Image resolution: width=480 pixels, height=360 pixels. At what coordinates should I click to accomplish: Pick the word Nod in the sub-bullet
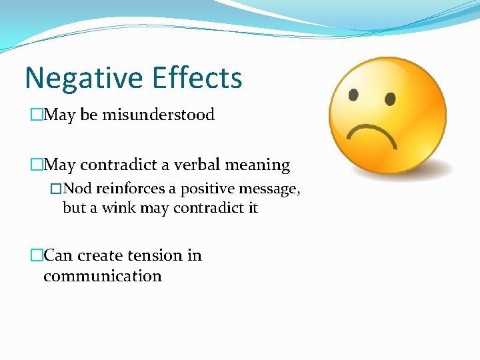[78, 189]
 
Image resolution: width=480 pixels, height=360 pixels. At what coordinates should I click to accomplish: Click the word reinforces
[131, 189]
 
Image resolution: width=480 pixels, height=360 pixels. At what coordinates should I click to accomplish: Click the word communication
[103, 276]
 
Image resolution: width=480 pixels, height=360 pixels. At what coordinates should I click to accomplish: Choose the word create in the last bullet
[99, 255]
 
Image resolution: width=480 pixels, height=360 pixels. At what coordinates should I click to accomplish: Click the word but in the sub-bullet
[74, 208]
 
